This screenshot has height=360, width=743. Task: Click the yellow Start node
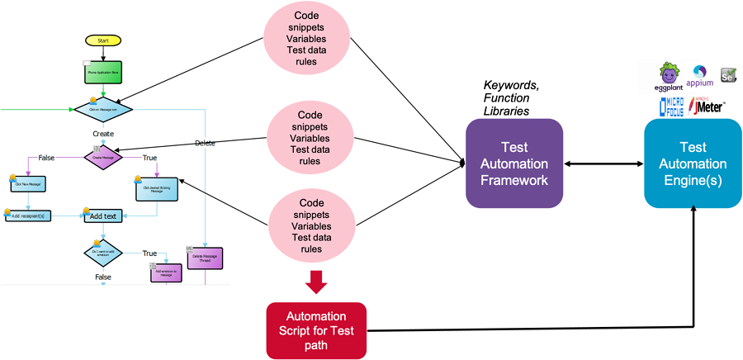coord(103,40)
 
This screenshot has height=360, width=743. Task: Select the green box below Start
coord(103,73)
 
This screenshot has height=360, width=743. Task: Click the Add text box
coord(103,216)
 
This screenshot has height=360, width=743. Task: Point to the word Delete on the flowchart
coord(205,143)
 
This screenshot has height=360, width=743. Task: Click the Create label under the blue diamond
coord(103,133)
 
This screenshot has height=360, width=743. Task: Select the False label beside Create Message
coord(47,157)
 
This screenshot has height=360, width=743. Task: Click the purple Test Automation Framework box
coord(514,163)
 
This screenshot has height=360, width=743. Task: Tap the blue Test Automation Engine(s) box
coord(693,163)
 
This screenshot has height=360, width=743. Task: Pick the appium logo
coord(701,76)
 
